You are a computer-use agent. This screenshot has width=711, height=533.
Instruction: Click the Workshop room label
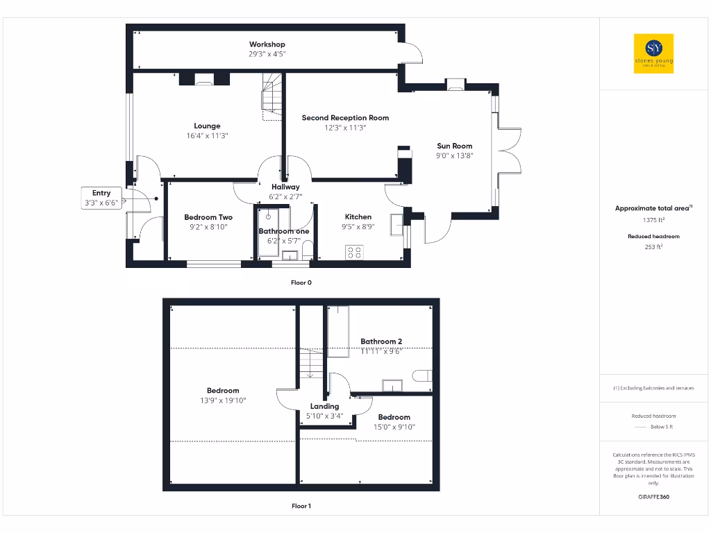[267, 44]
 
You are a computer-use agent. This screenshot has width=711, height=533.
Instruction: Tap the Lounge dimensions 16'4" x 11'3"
[207, 136]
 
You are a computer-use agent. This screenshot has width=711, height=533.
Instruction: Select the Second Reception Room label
[345, 118]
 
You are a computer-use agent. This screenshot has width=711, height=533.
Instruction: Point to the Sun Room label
[454, 146]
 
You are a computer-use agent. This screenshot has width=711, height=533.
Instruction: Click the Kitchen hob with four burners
[354, 253]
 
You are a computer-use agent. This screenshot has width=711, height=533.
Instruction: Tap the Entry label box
[101, 198]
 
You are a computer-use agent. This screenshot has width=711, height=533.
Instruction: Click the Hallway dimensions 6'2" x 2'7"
[285, 197]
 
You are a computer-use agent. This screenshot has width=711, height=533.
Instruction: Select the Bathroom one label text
[284, 231]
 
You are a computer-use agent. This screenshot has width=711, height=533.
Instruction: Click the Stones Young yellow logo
[653, 53]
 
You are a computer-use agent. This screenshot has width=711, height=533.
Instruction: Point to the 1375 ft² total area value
[653, 220]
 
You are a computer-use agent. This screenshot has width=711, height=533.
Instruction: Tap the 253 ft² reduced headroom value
[653, 246]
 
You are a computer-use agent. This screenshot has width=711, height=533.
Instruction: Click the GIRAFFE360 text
[653, 497]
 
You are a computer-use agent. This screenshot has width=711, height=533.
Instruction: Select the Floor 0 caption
[301, 282]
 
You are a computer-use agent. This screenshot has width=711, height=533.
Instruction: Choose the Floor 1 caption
[301, 506]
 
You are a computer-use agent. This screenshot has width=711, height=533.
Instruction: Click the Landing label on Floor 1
[324, 406]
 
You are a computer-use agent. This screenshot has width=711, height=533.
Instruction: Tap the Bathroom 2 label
[381, 341]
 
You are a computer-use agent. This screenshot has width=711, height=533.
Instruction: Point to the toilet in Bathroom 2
[422, 376]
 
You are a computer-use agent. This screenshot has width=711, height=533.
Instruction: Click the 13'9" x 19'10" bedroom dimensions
[223, 400]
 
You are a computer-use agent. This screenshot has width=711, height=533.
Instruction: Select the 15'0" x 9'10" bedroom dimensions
[394, 427]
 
